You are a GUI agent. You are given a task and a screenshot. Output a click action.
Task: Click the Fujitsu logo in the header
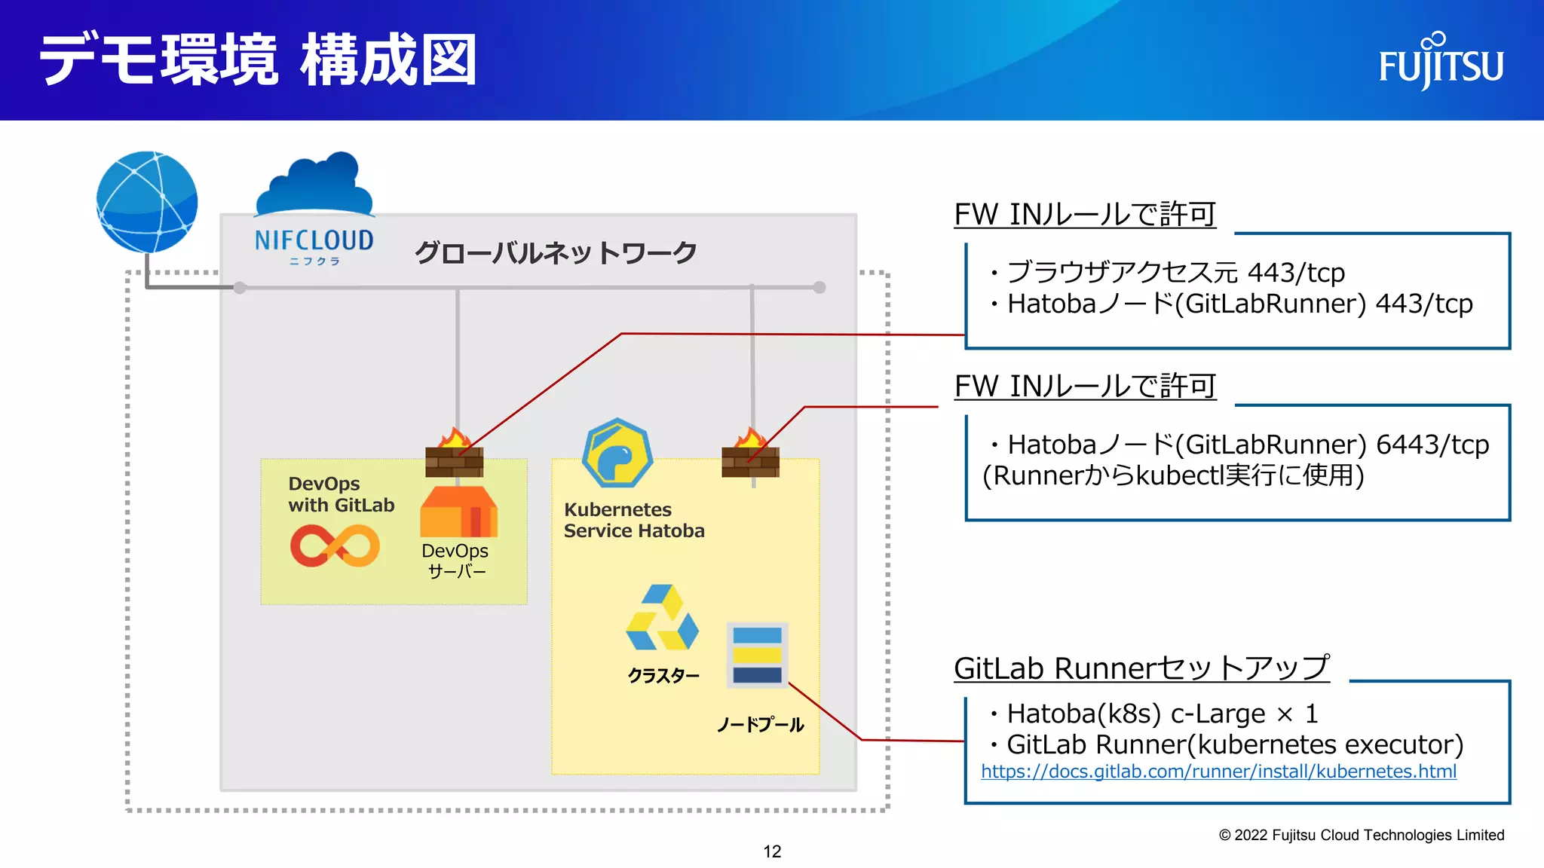(x=1441, y=62)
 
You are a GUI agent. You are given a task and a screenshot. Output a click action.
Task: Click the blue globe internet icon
(x=147, y=202)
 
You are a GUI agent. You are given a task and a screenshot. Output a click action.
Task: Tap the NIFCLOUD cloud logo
(x=314, y=208)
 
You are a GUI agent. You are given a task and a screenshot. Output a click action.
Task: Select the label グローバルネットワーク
(x=556, y=253)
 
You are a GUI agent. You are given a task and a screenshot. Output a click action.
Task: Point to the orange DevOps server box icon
(x=458, y=512)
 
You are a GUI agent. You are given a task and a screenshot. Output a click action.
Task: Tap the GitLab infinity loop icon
(x=335, y=546)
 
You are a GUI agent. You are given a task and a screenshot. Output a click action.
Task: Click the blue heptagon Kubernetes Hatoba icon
(x=617, y=454)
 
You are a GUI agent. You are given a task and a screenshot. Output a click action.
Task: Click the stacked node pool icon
(x=757, y=654)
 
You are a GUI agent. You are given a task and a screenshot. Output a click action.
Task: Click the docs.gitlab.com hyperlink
(x=1218, y=772)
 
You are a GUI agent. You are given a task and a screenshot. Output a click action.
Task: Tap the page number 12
(x=772, y=851)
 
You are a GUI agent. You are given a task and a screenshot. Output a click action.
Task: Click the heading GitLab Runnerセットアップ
(x=1141, y=668)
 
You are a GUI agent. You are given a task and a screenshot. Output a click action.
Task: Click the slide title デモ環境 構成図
(x=259, y=60)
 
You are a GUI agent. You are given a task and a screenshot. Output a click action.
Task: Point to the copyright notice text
(x=1361, y=835)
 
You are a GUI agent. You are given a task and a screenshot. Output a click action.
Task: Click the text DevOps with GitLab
(x=341, y=494)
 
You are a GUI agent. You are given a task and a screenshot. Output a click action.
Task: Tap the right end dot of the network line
(x=819, y=287)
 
